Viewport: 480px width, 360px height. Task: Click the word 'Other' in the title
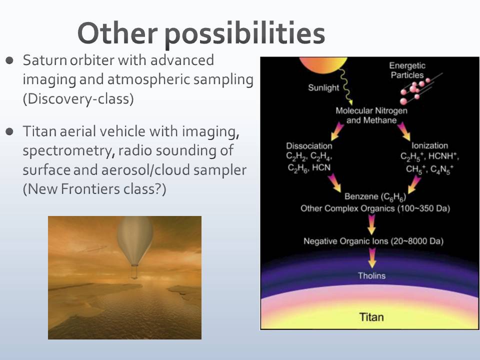[x=118, y=32]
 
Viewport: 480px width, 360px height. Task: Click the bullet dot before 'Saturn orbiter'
[x=10, y=60]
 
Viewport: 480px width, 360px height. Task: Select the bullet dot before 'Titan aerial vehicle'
[x=10, y=131]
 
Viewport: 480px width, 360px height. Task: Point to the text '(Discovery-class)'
[x=78, y=98]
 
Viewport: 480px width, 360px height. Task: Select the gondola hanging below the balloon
[x=134, y=272]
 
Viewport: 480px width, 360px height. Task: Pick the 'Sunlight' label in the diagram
[x=323, y=88]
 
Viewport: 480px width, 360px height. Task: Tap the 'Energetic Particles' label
[x=407, y=70]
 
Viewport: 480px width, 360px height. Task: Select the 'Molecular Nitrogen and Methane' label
[x=371, y=115]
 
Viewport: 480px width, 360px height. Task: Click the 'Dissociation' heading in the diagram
[x=309, y=145]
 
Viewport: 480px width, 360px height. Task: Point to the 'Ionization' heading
[x=429, y=145]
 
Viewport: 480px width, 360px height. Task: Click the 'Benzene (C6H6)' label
[x=375, y=197]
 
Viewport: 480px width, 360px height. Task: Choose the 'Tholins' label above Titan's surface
[x=371, y=275]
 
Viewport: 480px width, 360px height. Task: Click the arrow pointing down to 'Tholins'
[x=372, y=258]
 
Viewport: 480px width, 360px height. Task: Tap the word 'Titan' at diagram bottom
[x=371, y=317]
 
